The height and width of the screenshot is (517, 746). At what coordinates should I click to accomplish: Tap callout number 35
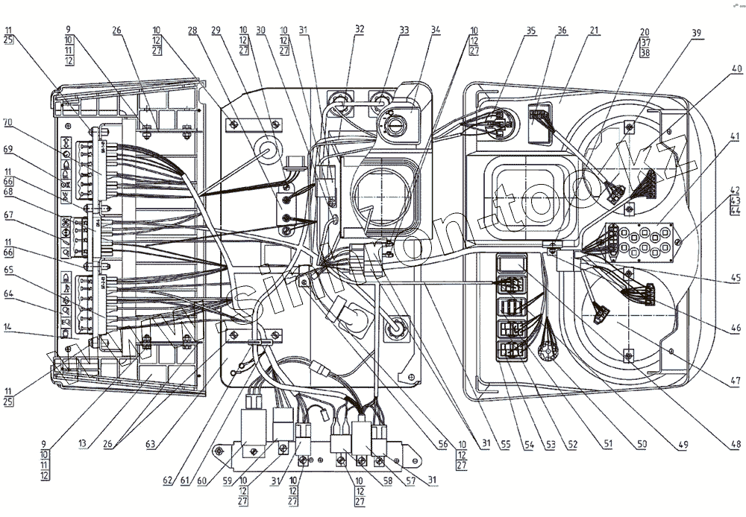tap(530, 31)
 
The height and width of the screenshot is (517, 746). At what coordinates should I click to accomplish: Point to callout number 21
tap(594, 31)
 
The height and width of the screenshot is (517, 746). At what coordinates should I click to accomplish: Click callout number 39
tap(696, 33)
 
